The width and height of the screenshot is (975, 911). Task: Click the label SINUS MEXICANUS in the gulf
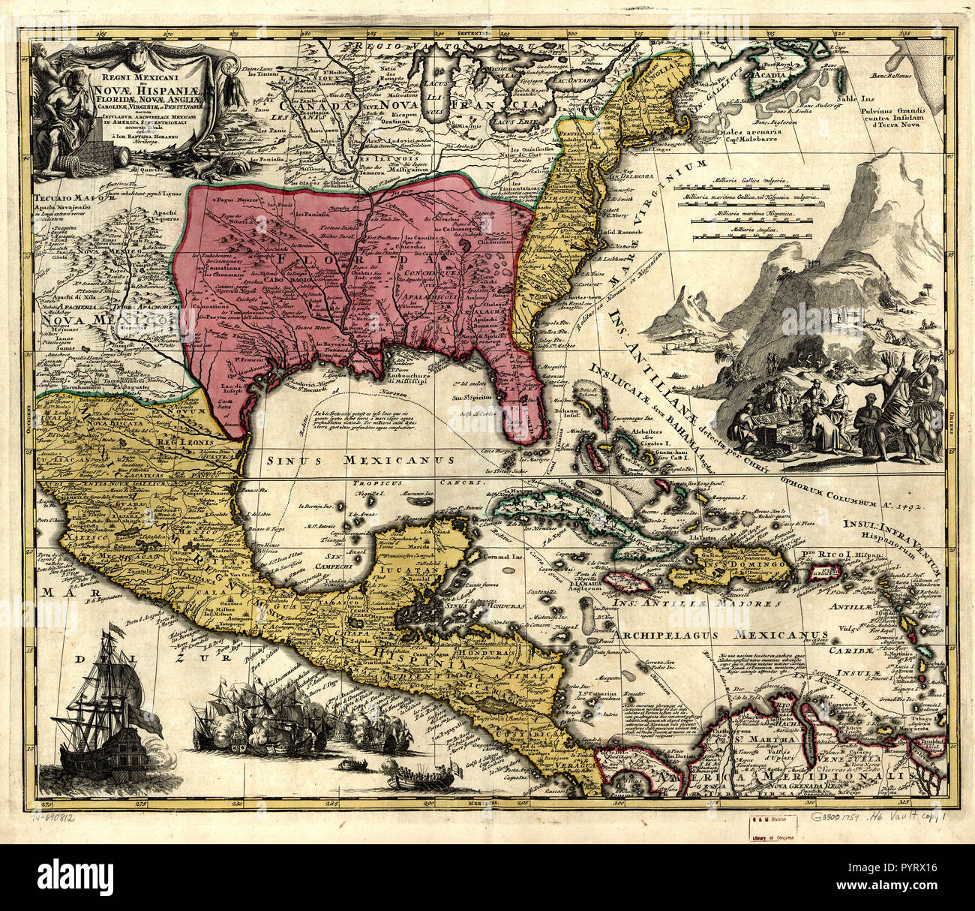pos(352,459)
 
